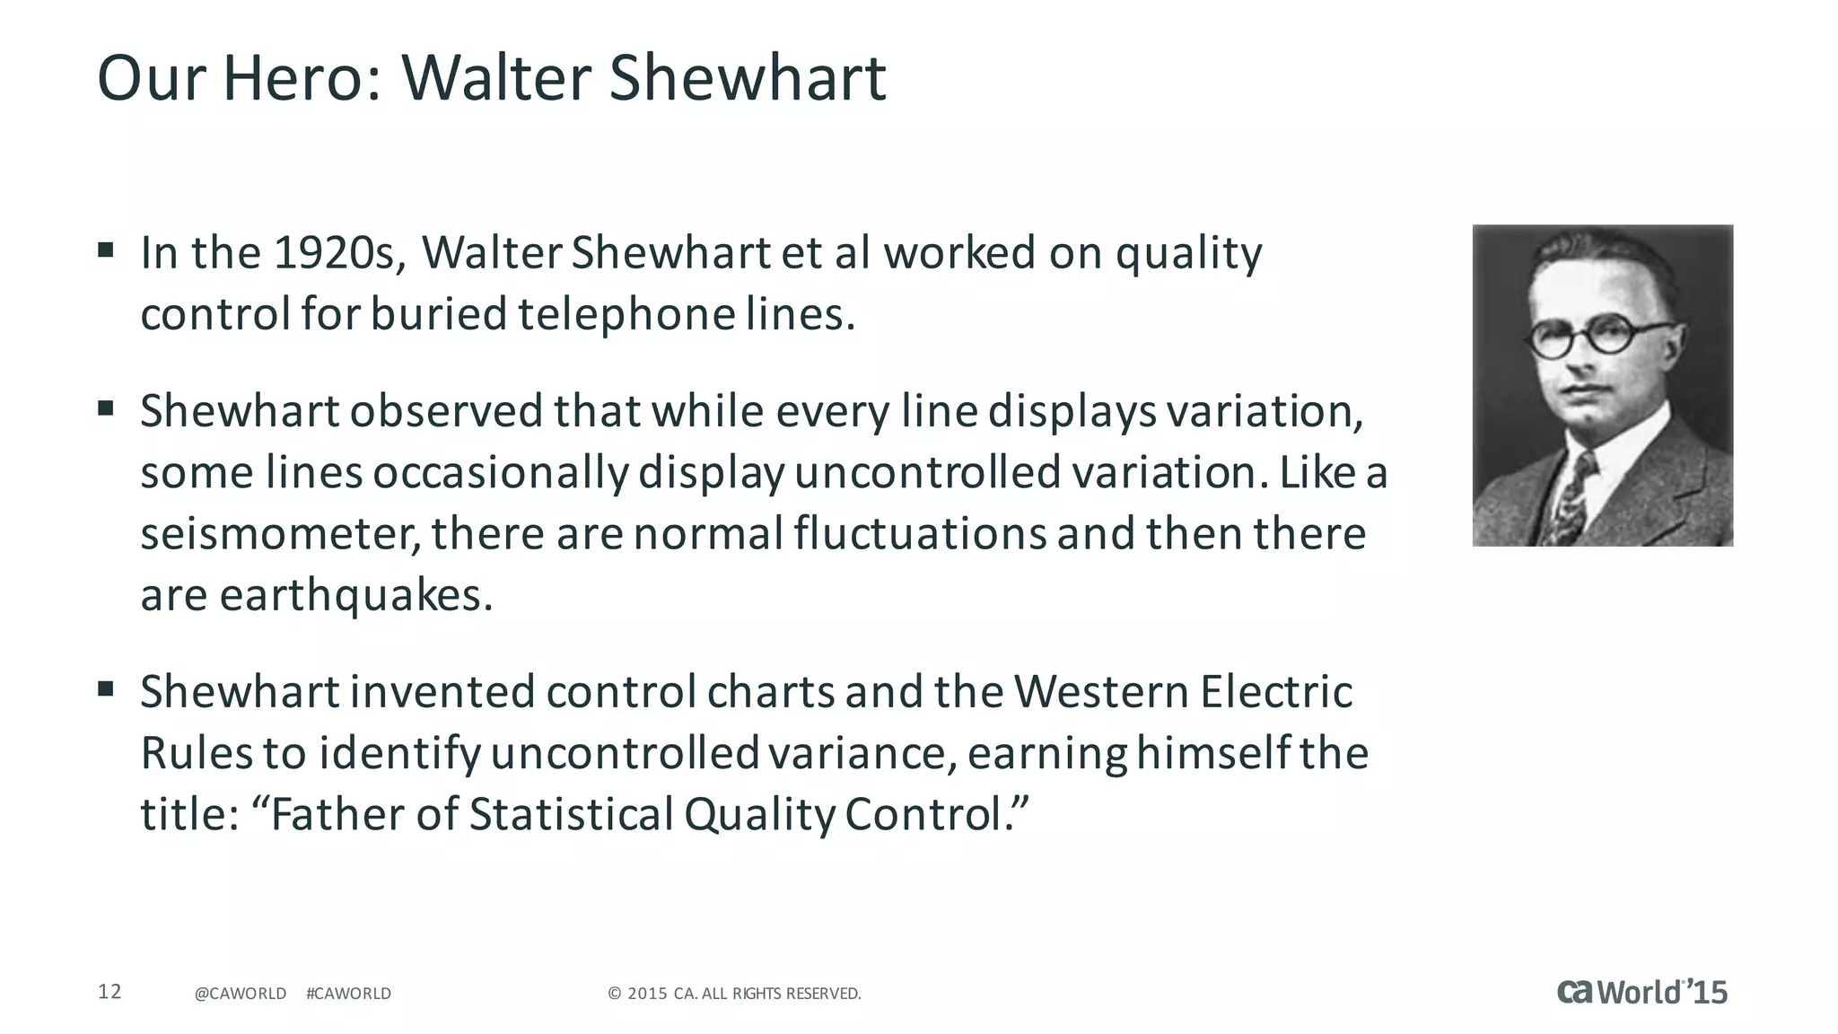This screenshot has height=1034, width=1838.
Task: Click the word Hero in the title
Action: [x=295, y=78]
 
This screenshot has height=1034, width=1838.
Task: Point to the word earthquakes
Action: [x=355, y=595]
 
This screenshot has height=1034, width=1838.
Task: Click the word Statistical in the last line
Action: [x=571, y=814]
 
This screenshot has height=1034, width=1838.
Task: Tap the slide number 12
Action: [x=109, y=992]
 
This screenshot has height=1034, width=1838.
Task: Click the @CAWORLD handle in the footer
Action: [x=241, y=994]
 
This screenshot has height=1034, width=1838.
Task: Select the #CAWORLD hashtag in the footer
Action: [x=348, y=994]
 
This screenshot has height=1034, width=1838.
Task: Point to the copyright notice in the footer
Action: [x=734, y=994]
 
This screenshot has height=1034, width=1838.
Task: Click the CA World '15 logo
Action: [x=1641, y=992]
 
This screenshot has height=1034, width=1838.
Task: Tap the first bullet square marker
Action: [x=106, y=250]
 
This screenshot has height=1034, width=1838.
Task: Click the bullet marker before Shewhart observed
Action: [x=106, y=408]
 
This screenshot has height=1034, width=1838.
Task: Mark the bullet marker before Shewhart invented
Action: [x=106, y=689]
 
